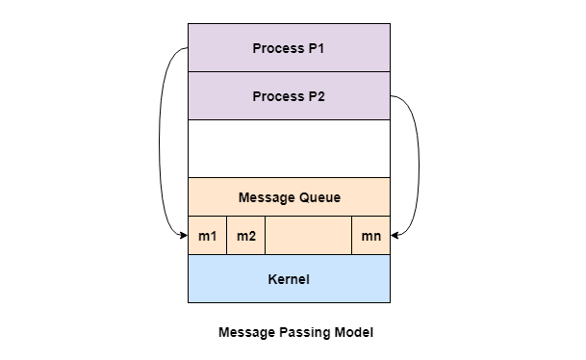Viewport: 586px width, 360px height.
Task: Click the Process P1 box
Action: click(289, 48)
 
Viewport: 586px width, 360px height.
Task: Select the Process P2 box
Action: click(289, 96)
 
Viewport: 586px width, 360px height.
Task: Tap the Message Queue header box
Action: click(289, 197)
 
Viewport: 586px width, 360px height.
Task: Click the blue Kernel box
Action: click(289, 279)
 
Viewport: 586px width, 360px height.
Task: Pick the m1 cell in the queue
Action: click(208, 236)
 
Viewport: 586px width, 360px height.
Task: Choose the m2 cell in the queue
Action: click(246, 236)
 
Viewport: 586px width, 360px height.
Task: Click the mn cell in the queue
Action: click(370, 236)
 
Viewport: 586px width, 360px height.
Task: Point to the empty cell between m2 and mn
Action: click(308, 236)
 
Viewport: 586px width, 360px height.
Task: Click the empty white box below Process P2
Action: click(289, 148)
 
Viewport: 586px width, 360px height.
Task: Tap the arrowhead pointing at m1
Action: click(184, 235)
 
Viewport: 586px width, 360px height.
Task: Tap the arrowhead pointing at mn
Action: click(395, 235)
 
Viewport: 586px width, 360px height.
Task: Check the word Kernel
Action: click(289, 279)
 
